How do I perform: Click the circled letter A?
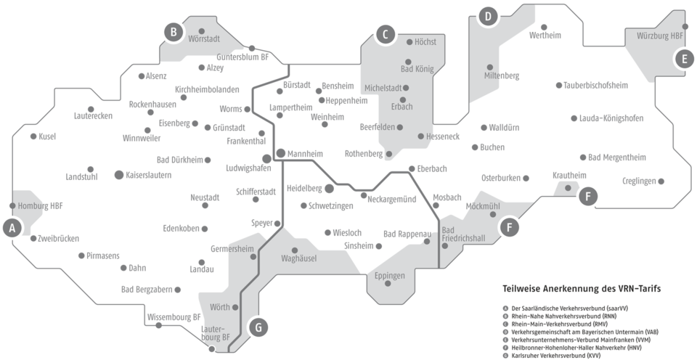tap(12, 227)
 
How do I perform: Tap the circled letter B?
tap(173, 32)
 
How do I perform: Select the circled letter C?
tap(386, 33)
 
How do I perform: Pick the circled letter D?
tap(488, 17)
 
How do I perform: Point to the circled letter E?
tap(682, 59)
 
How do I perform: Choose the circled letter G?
tap(256, 327)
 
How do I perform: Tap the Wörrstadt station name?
tap(204, 38)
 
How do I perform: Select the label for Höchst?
tap(425, 42)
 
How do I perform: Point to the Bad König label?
tap(416, 70)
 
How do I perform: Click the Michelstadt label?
tap(383, 88)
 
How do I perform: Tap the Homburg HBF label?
tap(40, 205)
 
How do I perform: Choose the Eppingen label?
tap(391, 275)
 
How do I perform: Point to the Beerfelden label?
tap(378, 126)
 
